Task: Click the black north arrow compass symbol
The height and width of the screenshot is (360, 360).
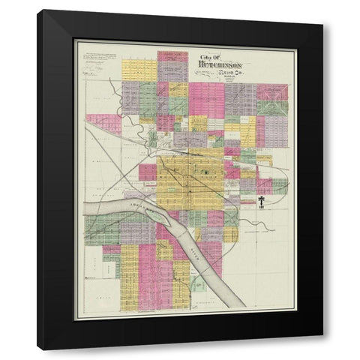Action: (261, 202)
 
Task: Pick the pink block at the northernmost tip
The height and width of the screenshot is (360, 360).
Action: (172, 55)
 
